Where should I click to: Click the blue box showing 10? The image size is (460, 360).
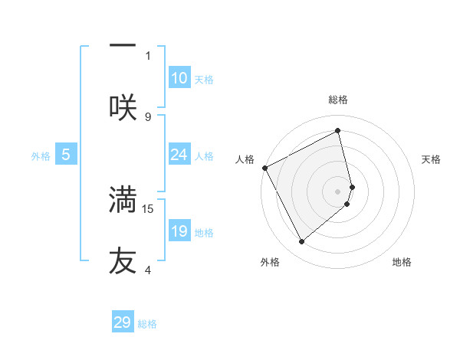(x=179, y=78)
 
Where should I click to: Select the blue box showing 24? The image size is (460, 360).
(x=179, y=155)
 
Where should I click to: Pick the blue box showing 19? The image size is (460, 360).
(x=179, y=231)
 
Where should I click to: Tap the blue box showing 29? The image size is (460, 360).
(x=123, y=322)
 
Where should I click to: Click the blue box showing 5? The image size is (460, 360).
(x=66, y=155)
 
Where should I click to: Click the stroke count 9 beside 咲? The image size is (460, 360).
(x=148, y=116)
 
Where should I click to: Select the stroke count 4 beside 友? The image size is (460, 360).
(x=148, y=270)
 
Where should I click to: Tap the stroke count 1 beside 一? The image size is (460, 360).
(x=148, y=55)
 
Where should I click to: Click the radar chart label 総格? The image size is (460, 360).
(x=338, y=100)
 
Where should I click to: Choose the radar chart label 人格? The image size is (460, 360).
(x=245, y=159)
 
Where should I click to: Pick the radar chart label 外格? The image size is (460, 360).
(x=270, y=263)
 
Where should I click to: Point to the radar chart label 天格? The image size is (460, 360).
(x=432, y=159)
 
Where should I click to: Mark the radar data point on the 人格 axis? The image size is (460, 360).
(x=264, y=168)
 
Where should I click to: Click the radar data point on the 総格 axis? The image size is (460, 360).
(x=338, y=131)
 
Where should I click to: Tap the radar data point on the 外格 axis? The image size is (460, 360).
(x=301, y=242)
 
